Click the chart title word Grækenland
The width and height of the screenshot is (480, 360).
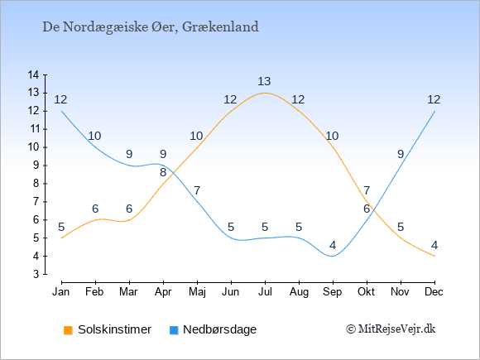point(220,27)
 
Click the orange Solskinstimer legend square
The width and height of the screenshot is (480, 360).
point(68,330)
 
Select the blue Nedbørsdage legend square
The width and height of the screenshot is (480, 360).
point(174,330)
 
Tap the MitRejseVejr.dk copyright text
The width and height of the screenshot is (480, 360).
point(391,329)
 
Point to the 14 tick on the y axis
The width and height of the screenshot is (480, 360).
point(33,74)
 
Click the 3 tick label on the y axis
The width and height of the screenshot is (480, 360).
point(36,274)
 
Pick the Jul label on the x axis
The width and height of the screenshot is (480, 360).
point(265,292)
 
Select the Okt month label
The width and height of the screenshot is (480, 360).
point(366,292)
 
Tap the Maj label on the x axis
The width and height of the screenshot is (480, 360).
point(197,292)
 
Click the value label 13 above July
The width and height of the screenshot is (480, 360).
point(264,81)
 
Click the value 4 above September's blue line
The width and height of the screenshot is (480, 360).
point(333,245)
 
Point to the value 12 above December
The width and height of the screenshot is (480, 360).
point(434,99)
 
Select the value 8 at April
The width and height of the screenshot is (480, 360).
point(163,172)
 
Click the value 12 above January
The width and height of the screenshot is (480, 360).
point(60,99)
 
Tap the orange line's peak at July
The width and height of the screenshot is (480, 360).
point(265,93)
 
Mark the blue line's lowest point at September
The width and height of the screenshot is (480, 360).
point(333,257)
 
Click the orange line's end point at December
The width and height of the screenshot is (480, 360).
point(434,257)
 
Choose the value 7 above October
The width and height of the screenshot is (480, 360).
point(367,190)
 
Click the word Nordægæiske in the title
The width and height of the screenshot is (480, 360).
point(106,27)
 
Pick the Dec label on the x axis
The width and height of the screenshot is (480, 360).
point(434,292)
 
